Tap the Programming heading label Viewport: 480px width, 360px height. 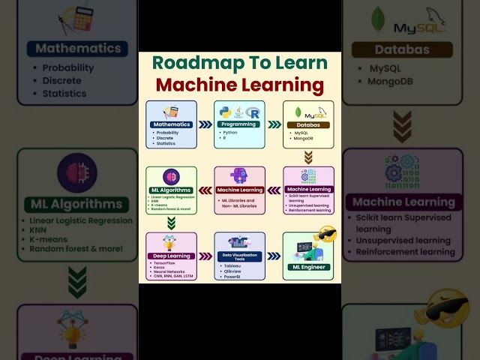(x=239, y=124)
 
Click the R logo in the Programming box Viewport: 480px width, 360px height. (x=255, y=112)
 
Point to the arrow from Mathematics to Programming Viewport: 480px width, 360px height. (x=205, y=124)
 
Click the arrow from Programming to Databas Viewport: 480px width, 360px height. (x=274, y=124)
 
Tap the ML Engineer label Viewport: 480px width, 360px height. (x=307, y=265)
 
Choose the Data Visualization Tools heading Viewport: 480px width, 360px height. (x=240, y=256)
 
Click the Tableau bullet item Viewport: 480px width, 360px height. (x=233, y=265)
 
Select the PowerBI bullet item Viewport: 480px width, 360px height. (x=233, y=277)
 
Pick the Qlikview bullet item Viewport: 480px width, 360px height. (x=234, y=271)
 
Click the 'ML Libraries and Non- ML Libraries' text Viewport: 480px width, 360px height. (x=239, y=202)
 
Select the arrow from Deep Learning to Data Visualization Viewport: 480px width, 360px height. (x=205, y=255)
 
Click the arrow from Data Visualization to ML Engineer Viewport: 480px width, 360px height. (x=274, y=255)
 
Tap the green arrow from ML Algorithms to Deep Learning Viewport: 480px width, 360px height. (x=171, y=222)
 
